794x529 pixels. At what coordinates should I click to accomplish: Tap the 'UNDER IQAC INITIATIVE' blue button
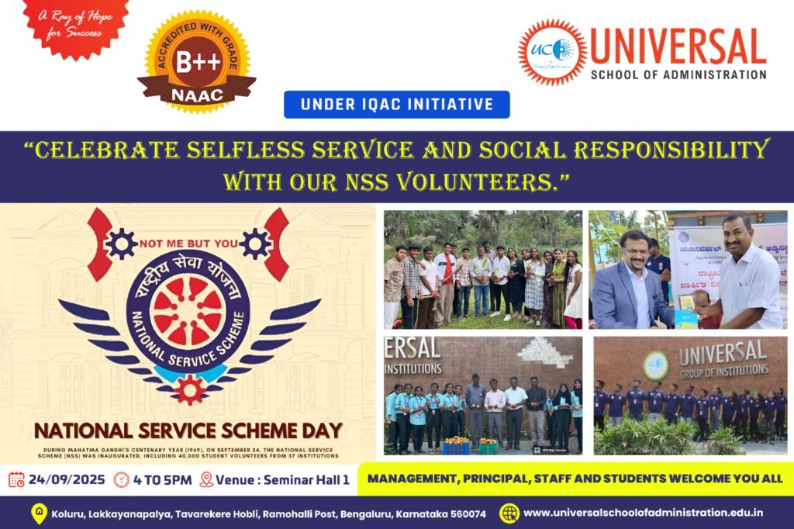click(x=396, y=105)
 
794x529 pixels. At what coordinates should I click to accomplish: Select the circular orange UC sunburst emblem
click(x=552, y=52)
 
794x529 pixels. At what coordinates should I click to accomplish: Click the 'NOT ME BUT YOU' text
click(x=188, y=244)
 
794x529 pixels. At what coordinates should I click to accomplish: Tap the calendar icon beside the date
click(x=16, y=479)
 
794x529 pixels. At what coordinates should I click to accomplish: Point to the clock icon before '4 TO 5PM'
click(x=121, y=479)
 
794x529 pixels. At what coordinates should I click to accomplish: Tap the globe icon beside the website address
click(x=509, y=513)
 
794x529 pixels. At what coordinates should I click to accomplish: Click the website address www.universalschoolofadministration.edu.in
click(x=643, y=513)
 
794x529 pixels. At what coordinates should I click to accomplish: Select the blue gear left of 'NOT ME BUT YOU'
click(x=120, y=244)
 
